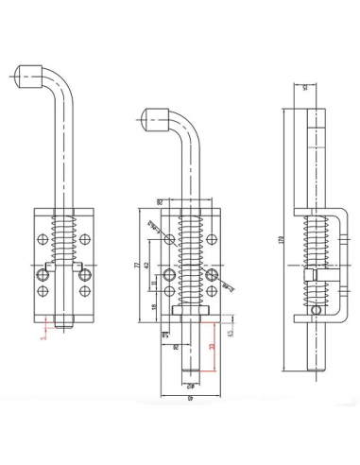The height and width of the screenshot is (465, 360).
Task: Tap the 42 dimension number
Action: tap(149, 265)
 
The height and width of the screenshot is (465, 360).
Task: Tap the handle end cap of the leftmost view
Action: tap(28, 74)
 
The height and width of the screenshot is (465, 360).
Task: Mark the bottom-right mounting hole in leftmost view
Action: tap(83, 276)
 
